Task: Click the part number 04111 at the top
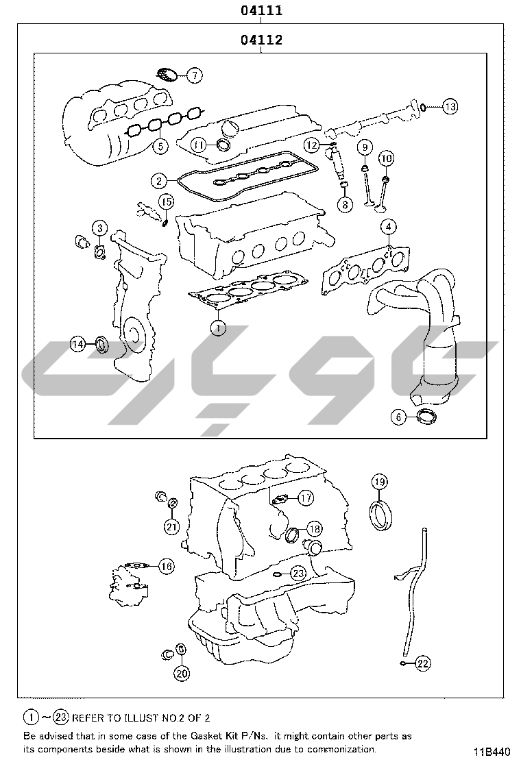tap(261, 10)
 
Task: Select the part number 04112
tap(261, 39)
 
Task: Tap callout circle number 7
tap(195, 75)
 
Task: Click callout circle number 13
tap(450, 106)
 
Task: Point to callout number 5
tap(160, 145)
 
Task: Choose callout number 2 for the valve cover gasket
tap(159, 182)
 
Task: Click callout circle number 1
tap(219, 328)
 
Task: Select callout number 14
tap(77, 344)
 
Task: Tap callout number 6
tap(398, 417)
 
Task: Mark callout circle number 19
tap(380, 482)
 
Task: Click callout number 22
tap(424, 663)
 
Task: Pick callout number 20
tap(182, 673)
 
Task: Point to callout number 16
tap(167, 566)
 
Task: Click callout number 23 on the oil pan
tap(298, 574)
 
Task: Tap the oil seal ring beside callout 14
tap(101, 345)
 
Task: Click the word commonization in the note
tap(341, 749)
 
